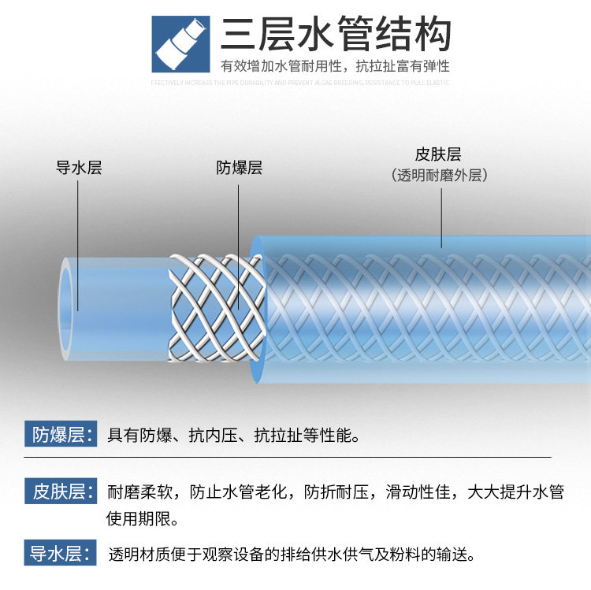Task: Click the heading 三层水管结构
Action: click(336, 35)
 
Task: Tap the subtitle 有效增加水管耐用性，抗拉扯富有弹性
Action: click(335, 66)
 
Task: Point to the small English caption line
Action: click(300, 82)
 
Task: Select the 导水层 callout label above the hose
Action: click(79, 168)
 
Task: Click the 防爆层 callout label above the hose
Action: click(240, 168)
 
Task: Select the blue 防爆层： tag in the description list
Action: click(62, 434)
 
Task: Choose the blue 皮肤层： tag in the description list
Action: click(62, 492)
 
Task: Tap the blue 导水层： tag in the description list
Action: click(62, 553)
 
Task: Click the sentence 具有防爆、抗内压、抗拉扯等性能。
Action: click(234, 435)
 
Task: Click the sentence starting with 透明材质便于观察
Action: click(292, 554)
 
